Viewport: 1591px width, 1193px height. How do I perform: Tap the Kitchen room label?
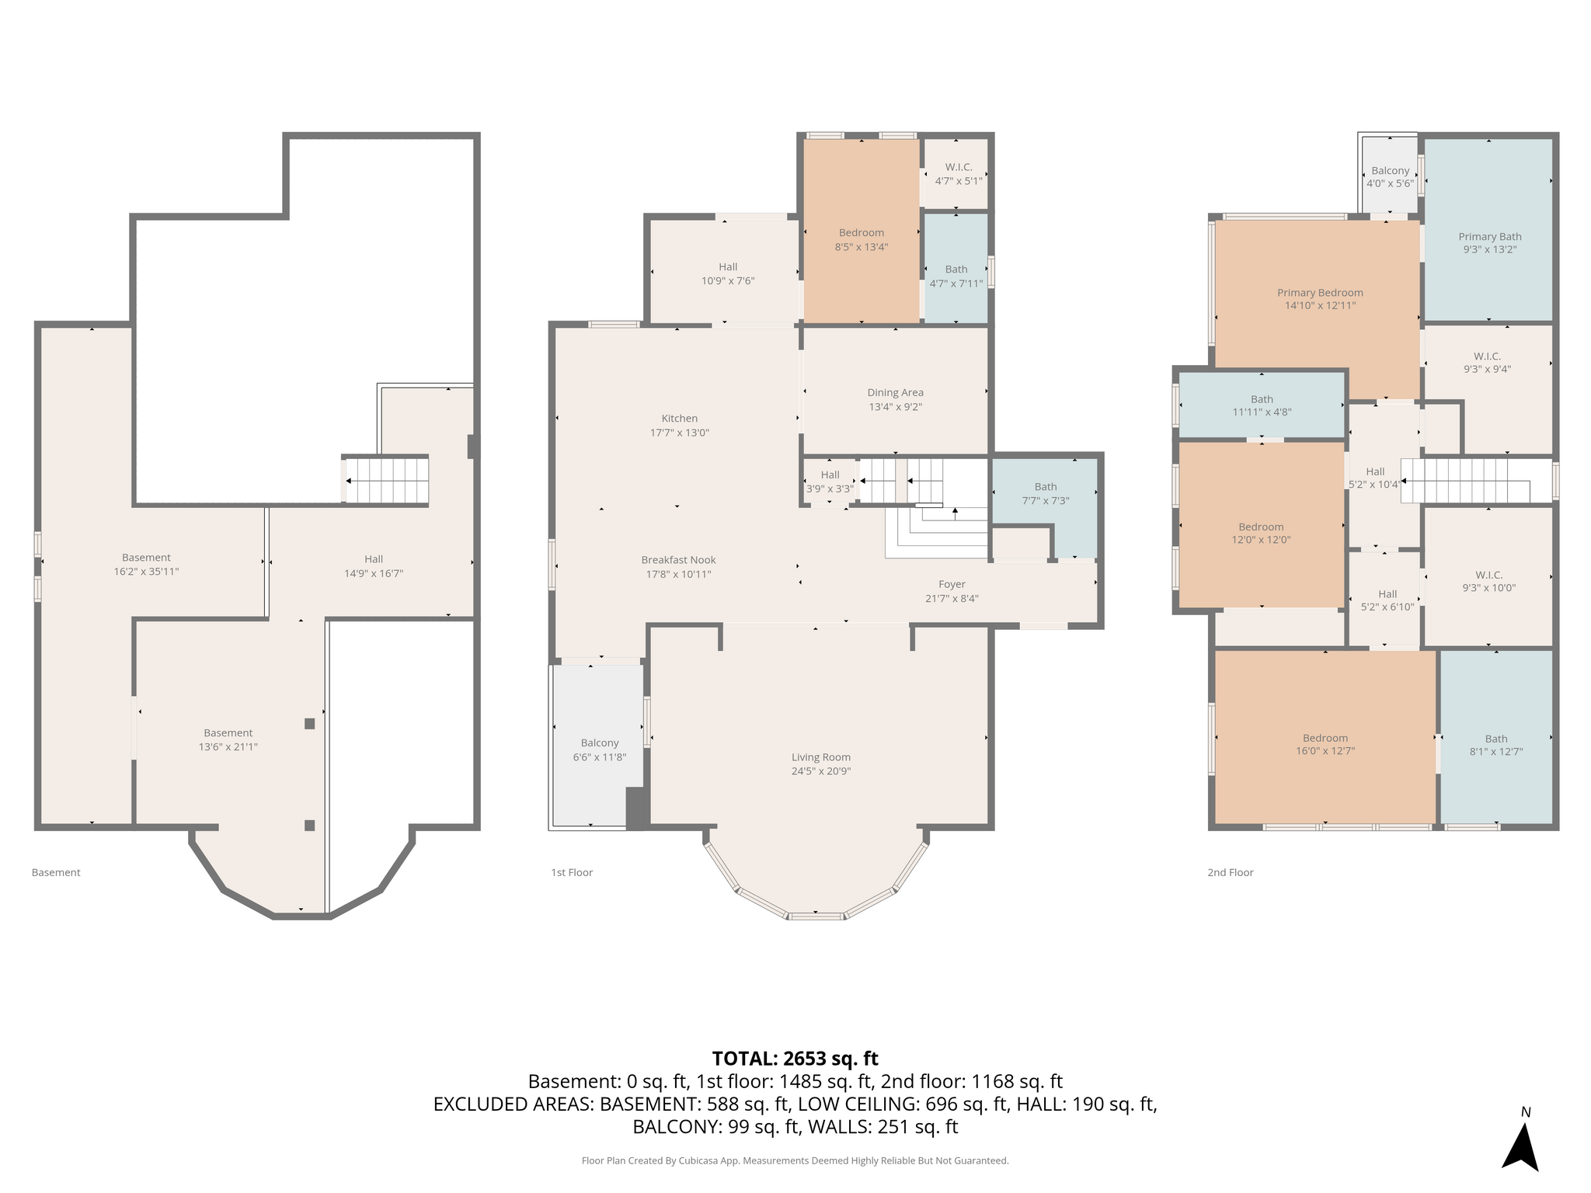[680, 419]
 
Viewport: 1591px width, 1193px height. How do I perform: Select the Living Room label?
[821, 757]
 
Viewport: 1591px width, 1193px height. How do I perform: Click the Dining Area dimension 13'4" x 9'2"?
[896, 407]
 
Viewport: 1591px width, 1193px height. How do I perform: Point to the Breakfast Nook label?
[679, 560]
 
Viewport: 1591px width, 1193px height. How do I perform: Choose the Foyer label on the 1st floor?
[952, 584]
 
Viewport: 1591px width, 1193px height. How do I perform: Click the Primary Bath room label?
[1490, 237]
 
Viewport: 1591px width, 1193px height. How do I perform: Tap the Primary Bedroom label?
[1320, 293]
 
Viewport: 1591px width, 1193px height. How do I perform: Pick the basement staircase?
[386, 481]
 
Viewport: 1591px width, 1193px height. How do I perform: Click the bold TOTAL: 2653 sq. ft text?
[795, 1059]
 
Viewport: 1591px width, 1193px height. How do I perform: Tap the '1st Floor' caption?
[572, 872]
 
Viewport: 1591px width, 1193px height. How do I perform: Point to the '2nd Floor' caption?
[1231, 872]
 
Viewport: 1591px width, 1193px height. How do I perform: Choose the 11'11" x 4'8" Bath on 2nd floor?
[1262, 406]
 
